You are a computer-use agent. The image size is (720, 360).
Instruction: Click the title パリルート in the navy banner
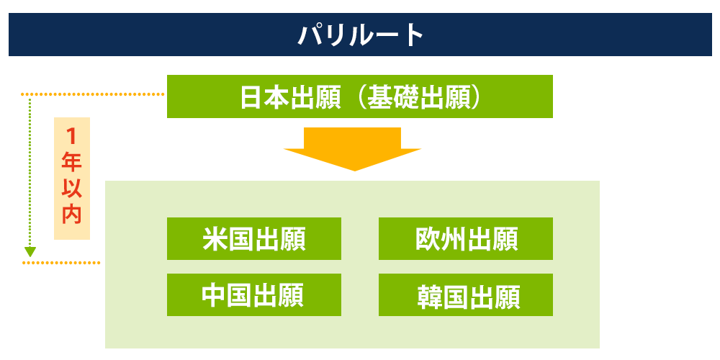coord(361,35)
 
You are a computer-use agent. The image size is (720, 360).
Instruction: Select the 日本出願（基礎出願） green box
coord(359,96)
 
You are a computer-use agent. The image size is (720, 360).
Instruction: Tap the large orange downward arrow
coord(352,148)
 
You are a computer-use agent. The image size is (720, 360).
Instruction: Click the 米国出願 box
coord(253,238)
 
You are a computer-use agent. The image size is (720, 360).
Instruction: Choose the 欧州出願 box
coord(465,238)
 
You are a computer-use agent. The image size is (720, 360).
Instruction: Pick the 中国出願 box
coord(253,294)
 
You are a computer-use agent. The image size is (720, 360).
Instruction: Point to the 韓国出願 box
coord(465,295)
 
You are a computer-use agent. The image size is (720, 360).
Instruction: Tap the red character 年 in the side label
coord(71,161)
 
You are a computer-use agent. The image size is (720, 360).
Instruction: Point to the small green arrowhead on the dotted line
coord(30,252)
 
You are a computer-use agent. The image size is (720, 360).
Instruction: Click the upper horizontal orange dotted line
coord(94,94)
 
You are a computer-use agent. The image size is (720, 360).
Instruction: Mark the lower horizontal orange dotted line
coord(61,263)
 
